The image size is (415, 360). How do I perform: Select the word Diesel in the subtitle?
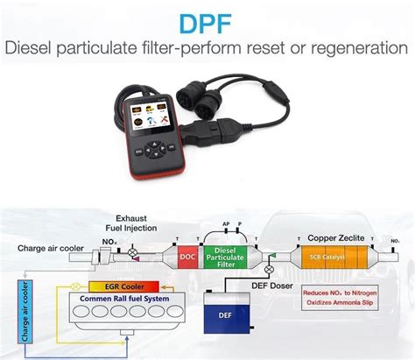click(32, 48)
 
